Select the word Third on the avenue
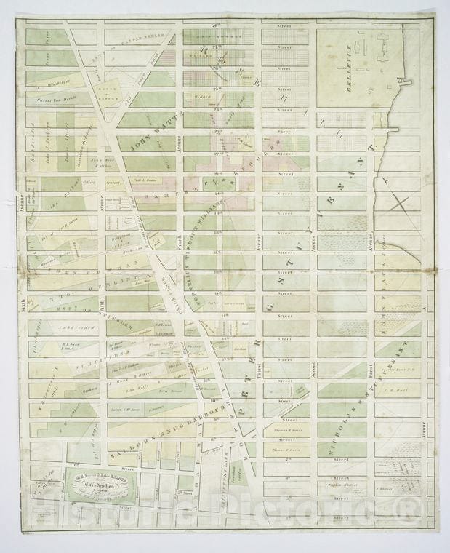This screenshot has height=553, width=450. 258,370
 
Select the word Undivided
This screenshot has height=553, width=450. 71,328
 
